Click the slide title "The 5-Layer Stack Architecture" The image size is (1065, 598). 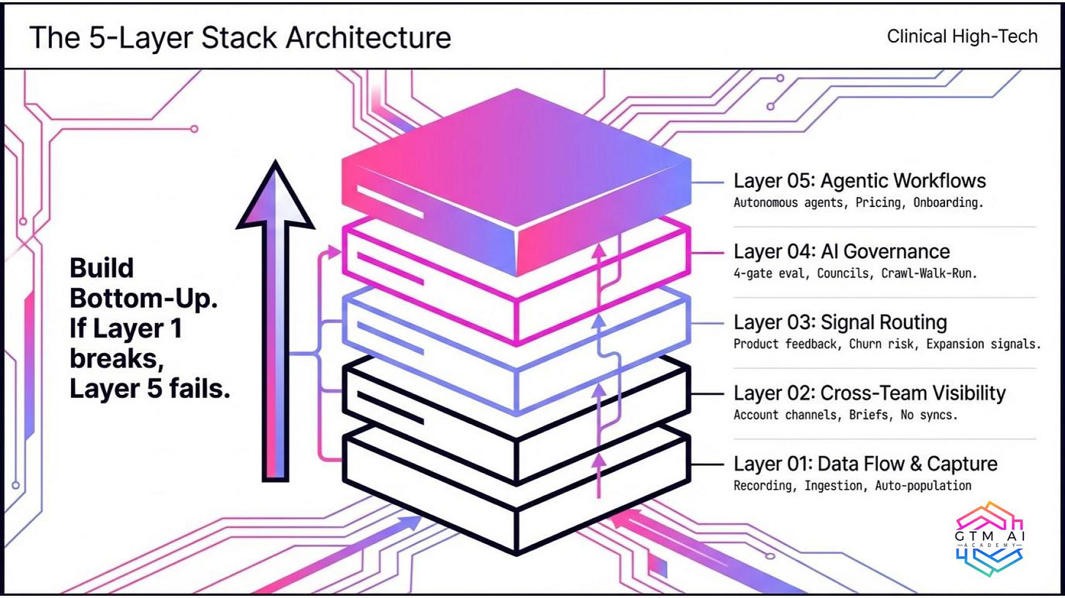click(239, 37)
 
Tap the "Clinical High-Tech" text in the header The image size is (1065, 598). click(962, 36)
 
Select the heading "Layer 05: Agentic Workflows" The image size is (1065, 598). click(859, 181)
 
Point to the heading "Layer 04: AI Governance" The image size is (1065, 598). click(841, 251)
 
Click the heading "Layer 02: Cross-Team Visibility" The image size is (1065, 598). click(869, 393)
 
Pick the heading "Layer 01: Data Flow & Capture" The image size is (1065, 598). click(865, 463)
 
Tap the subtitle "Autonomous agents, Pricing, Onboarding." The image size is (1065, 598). click(858, 203)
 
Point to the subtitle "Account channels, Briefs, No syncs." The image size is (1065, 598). click(846, 415)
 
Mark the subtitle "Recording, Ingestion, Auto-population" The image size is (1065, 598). click(852, 485)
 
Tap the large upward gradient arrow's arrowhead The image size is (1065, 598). click(275, 197)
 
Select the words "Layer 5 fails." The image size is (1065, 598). click(149, 390)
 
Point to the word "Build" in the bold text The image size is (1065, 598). click(102, 268)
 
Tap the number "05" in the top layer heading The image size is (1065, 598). click(782, 181)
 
